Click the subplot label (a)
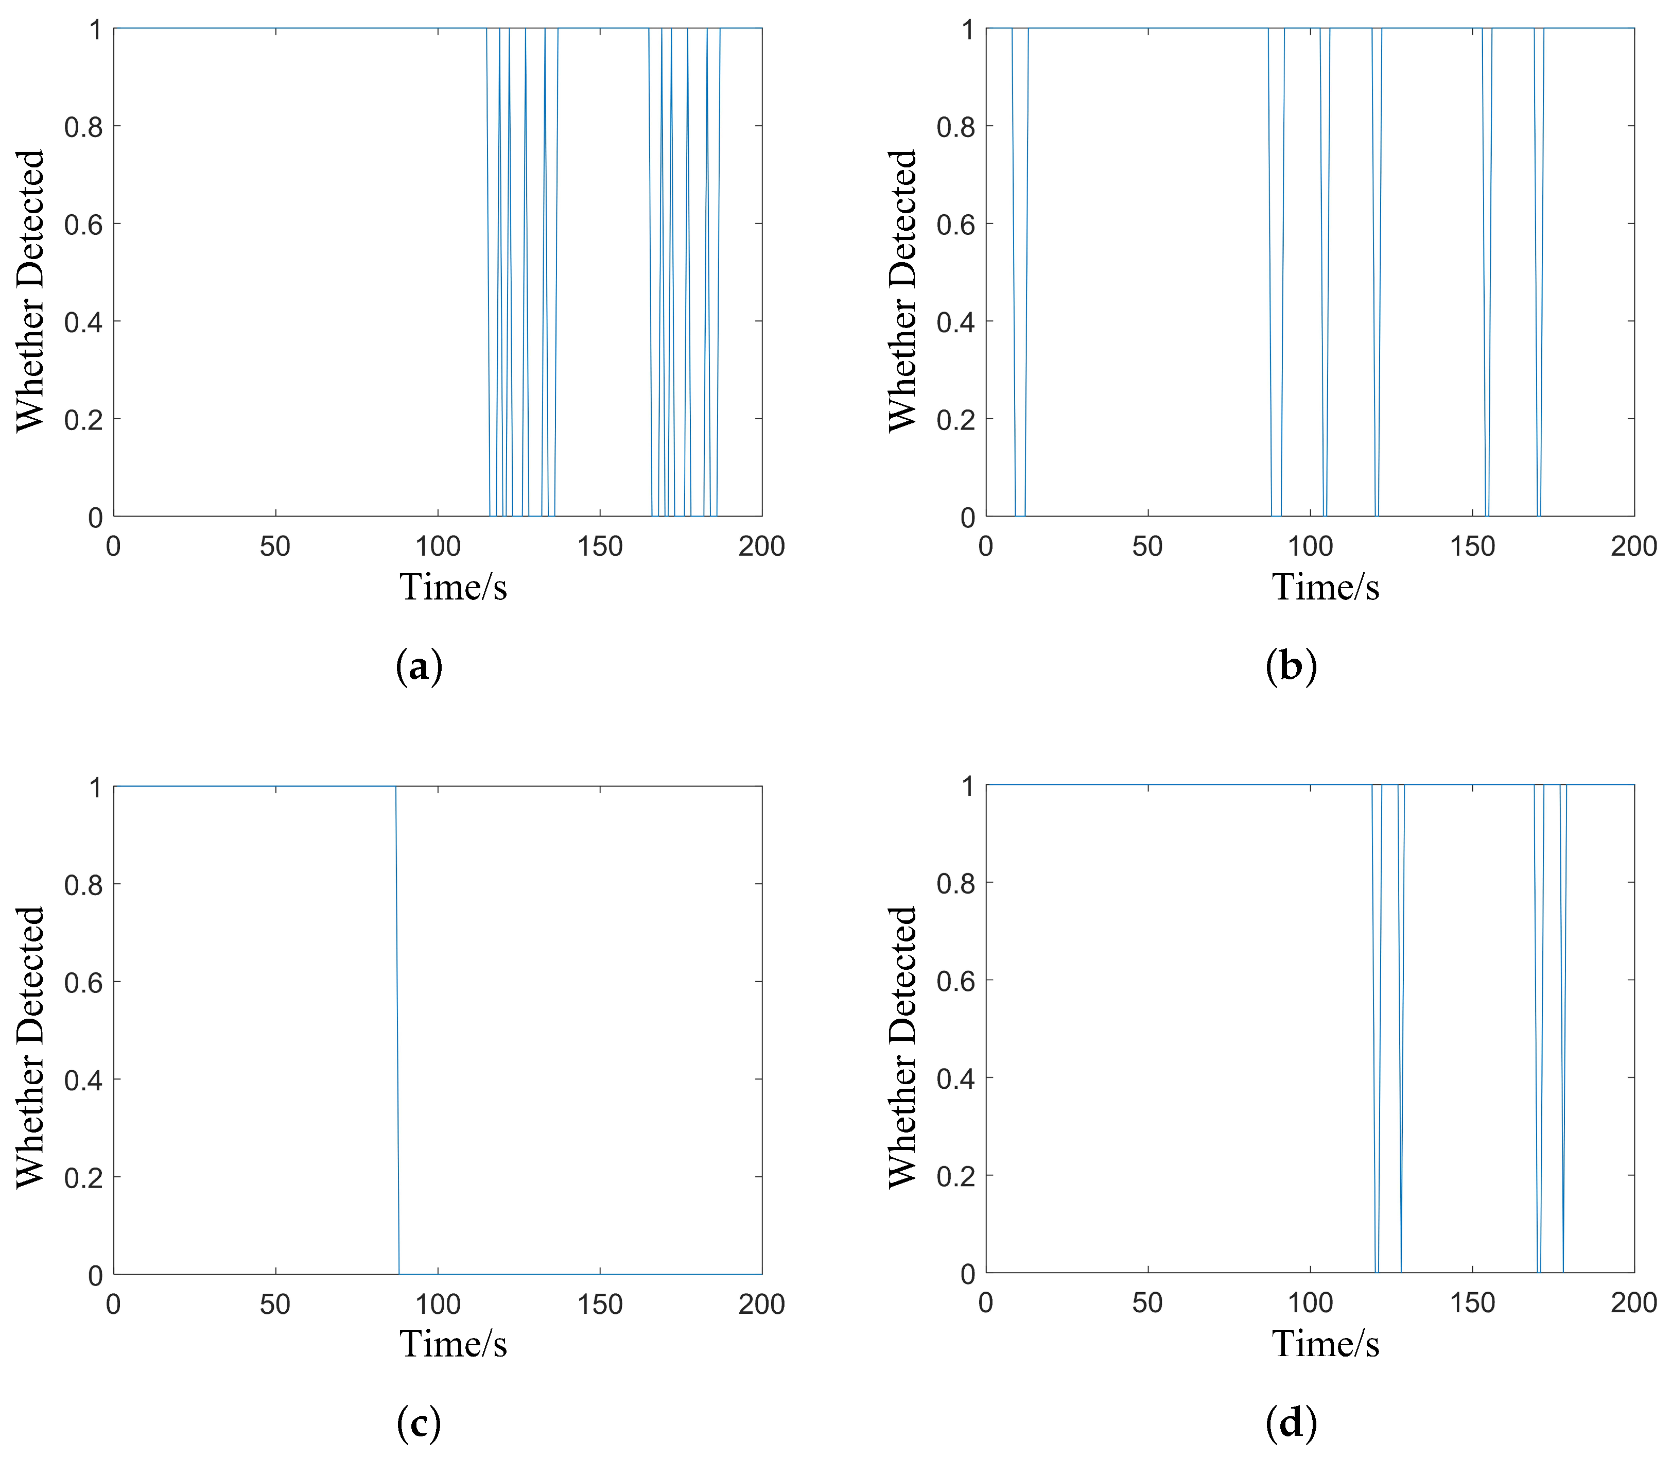point(420,667)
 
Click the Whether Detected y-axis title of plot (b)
point(902,290)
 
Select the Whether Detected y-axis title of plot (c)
point(30,1047)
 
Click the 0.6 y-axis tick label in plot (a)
point(84,225)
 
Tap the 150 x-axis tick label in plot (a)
point(600,546)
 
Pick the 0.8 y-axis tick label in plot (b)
point(956,127)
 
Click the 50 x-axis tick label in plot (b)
point(1147,546)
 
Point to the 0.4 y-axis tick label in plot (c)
point(84,1079)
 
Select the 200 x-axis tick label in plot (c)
point(761,1304)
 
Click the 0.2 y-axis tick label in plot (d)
point(956,1176)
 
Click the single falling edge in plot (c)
point(397,1030)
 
